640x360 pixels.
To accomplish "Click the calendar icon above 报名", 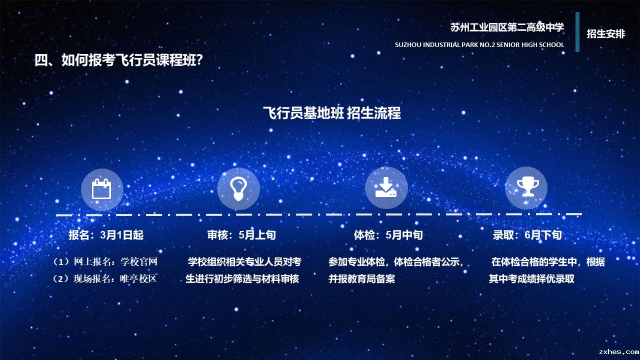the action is [101, 189].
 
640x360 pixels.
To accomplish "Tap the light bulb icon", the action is [238, 188].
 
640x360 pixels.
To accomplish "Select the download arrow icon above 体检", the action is [386, 187].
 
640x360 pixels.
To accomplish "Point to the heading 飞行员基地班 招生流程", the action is [332, 113].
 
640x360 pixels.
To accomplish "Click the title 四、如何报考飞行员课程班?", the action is [118, 60].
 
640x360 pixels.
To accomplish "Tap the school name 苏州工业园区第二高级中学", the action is [507, 27].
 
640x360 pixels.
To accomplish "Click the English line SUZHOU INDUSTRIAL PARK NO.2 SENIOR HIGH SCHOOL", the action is [479, 45].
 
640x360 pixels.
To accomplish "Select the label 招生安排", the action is [605, 33].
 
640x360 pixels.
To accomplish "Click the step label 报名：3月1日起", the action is [106, 235].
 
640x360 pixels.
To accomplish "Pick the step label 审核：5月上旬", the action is [241, 235].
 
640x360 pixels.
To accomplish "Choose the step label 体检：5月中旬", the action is [388, 235].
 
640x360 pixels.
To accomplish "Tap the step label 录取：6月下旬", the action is [527, 235].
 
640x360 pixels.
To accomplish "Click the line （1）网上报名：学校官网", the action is [105, 261].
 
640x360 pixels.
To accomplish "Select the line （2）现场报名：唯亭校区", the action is [104, 278].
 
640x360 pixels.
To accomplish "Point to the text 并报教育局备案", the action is [361, 278].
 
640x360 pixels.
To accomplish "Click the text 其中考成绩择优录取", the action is [531, 278].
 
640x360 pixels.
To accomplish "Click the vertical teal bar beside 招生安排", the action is [577, 32].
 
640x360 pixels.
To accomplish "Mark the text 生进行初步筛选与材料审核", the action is [242, 278].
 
